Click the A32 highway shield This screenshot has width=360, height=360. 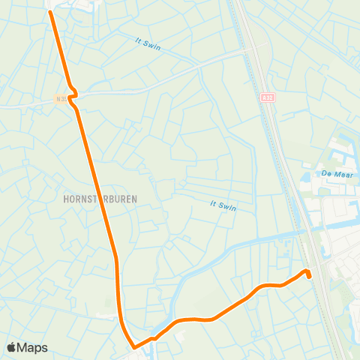[x=268, y=97]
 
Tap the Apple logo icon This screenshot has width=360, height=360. [x=12, y=347]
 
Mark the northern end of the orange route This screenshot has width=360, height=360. [x=50, y=11]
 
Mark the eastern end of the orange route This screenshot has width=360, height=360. [x=309, y=276]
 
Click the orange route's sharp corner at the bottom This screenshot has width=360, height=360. [x=134, y=347]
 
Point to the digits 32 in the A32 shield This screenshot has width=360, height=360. [x=270, y=97]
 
